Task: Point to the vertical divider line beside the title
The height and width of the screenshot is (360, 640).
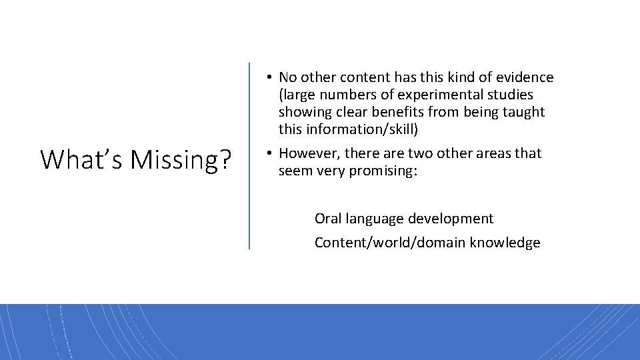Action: [x=249, y=156]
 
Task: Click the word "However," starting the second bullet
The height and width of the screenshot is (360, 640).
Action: [x=307, y=153]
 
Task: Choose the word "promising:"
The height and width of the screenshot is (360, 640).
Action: [x=385, y=171]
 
